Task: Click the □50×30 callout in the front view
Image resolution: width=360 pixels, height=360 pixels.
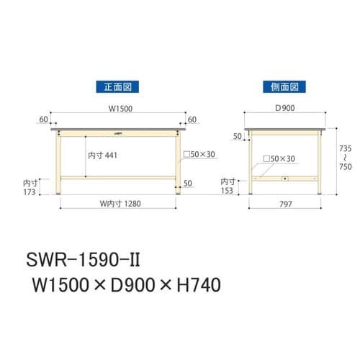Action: (x=201, y=153)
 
